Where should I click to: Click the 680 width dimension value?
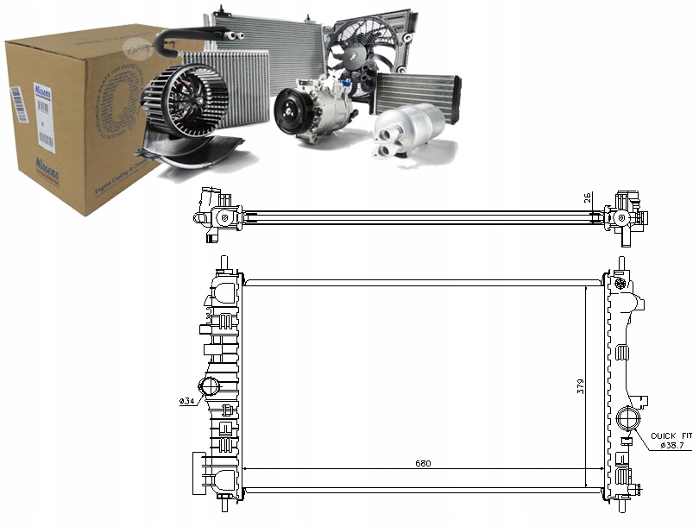[421, 463]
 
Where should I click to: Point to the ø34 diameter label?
[186, 401]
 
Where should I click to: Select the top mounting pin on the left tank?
[224, 261]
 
